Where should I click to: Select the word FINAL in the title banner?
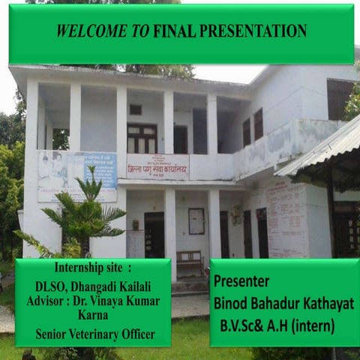coord(174,31)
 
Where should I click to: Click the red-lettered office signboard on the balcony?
coord(157,166)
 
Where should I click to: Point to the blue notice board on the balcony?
coord(100,170)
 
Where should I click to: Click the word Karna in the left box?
coord(92,316)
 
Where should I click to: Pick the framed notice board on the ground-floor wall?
coord(196,221)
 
